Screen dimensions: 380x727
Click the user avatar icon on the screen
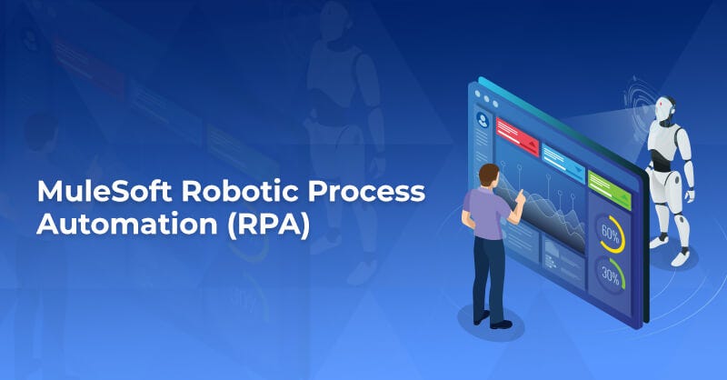(x=482, y=118)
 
